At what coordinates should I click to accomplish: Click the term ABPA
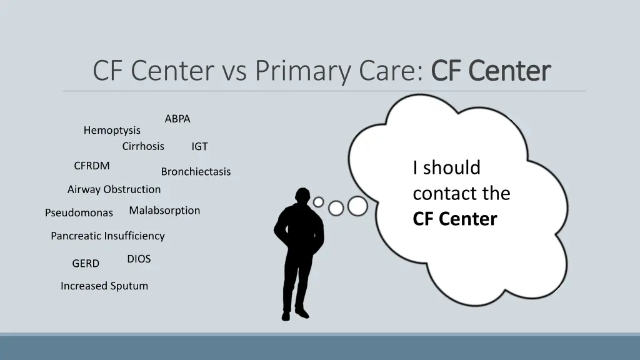[x=177, y=119]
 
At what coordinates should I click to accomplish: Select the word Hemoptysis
[x=112, y=131]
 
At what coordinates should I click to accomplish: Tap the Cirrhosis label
[x=143, y=146]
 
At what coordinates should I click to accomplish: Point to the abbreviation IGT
[x=199, y=147]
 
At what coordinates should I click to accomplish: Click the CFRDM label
[x=91, y=166]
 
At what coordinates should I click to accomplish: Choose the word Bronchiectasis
[x=196, y=172]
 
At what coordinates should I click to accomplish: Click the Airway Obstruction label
[x=114, y=189]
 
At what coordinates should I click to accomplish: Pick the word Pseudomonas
[x=79, y=213]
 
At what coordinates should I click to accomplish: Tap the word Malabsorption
[x=164, y=211]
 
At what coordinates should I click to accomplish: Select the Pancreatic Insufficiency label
[x=107, y=236]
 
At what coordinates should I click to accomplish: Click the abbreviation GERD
[x=86, y=264]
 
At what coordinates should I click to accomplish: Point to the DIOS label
[x=139, y=259]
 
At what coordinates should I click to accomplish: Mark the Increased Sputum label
[x=104, y=286]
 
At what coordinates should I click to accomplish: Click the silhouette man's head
[x=302, y=198]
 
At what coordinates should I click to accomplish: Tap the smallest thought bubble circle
[x=319, y=202]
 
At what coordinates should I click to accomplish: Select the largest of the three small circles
[x=357, y=206]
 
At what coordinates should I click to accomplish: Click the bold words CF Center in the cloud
[x=454, y=219]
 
